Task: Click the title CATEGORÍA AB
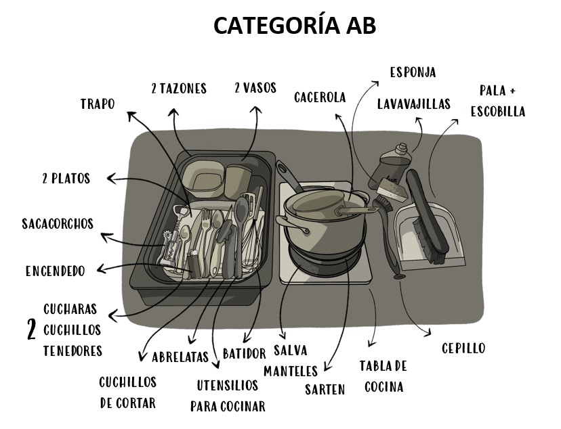295,25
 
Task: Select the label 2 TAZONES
179,88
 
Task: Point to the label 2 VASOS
255,88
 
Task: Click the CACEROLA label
320,97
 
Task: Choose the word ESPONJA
413,72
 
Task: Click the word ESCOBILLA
498,112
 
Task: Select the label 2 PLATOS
66,179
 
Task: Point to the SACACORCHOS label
58,223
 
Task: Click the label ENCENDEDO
56,271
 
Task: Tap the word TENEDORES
72,351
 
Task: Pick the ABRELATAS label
180,357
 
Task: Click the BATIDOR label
245,353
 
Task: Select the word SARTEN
325,389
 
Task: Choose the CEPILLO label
463,348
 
